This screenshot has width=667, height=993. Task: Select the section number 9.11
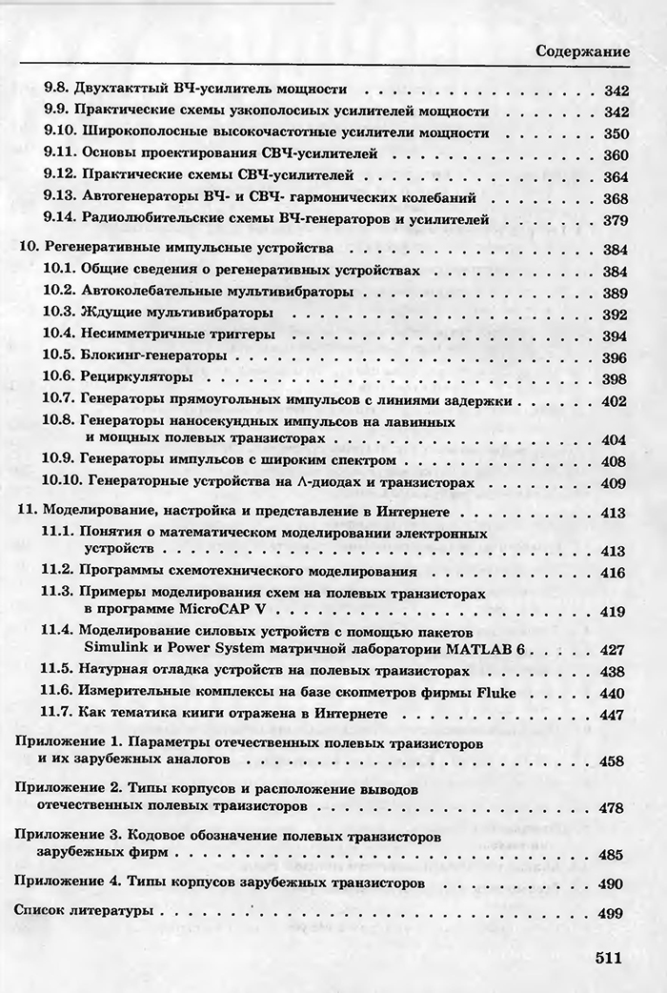pos(60,154)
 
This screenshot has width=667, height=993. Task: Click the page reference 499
pos(611,913)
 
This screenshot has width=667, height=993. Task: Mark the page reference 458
pos(611,760)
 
